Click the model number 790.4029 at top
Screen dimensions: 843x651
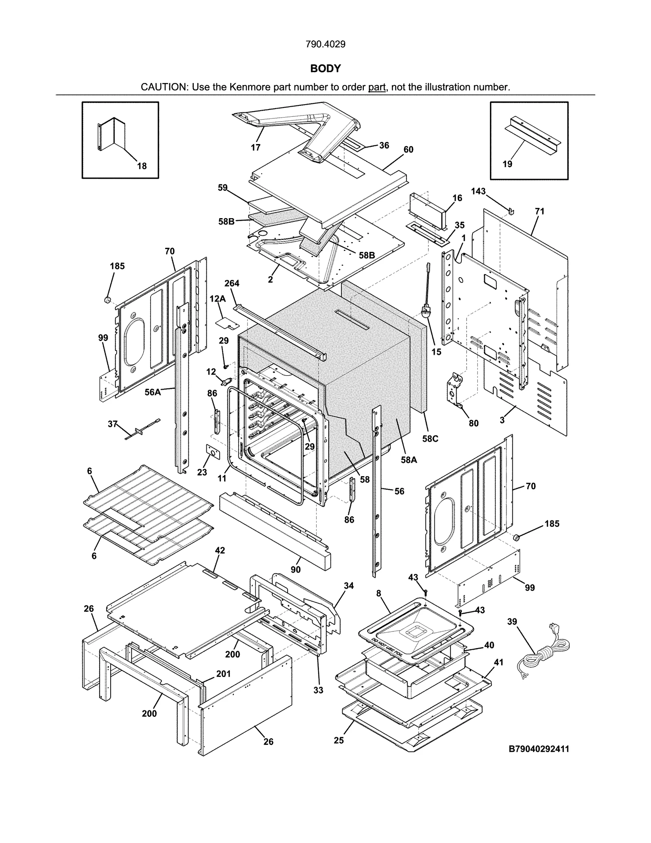pos(325,44)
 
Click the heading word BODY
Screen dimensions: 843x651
pos(325,68)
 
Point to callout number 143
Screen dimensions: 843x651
pos(478,191)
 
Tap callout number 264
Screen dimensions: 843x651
pos(232,283)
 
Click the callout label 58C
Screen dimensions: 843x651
pos(430,439)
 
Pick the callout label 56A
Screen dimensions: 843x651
pos(152,392)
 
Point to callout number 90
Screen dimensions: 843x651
pos(296,569)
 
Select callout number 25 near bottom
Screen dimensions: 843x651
pos(339,740)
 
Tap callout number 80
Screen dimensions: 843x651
pos(474,423)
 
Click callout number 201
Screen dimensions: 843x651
pos(223,674)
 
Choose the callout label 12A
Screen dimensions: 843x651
pos(217,299)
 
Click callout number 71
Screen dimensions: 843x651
pos(540,211)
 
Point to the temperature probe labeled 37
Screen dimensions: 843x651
pos(142,429)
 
